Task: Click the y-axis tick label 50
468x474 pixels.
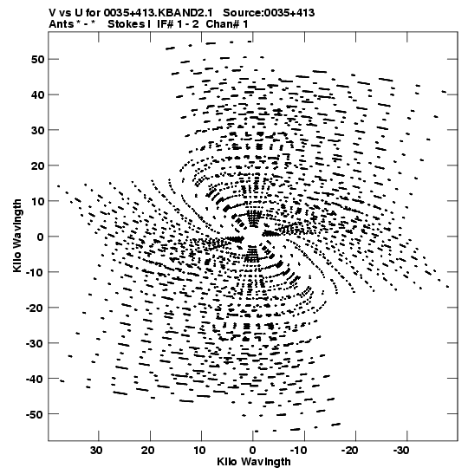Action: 37,60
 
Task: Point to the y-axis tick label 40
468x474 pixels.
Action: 37,95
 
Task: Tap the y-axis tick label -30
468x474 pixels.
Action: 35,343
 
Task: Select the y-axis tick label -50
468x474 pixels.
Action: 35,414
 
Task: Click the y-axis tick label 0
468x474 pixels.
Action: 41,237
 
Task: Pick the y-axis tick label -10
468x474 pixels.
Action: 35,272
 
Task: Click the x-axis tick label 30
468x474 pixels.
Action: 96,451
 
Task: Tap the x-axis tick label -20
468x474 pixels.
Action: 349,451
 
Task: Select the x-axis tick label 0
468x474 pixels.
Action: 253,451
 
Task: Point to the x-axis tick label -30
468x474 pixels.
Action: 401,451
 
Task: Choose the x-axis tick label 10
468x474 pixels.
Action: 199,451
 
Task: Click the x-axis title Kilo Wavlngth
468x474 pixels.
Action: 254,462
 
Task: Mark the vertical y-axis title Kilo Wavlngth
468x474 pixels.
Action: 17,236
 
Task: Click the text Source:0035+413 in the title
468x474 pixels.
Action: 269,13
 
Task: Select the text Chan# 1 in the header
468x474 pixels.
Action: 227,24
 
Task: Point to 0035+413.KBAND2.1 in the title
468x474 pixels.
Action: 158,13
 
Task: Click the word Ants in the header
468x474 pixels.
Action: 61,24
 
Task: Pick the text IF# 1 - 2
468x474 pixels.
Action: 178,24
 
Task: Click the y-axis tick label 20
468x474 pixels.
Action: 37,166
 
